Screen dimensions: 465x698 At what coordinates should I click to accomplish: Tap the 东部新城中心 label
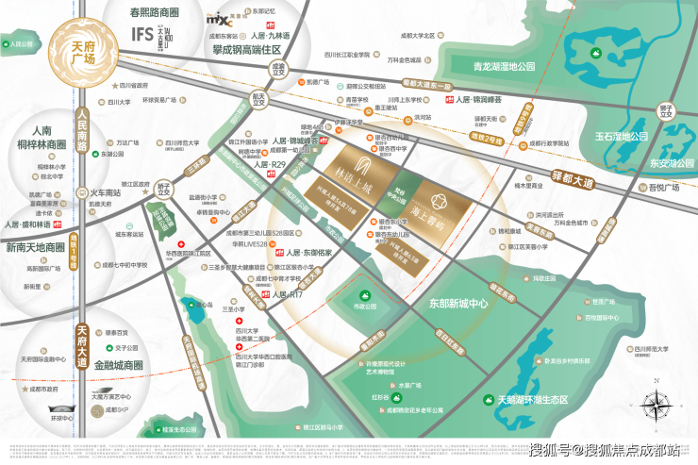(x=451, y=304)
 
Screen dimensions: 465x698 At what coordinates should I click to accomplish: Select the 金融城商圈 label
(x=112, y=364)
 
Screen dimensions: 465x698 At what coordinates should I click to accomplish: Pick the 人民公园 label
(x=20, y=44)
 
